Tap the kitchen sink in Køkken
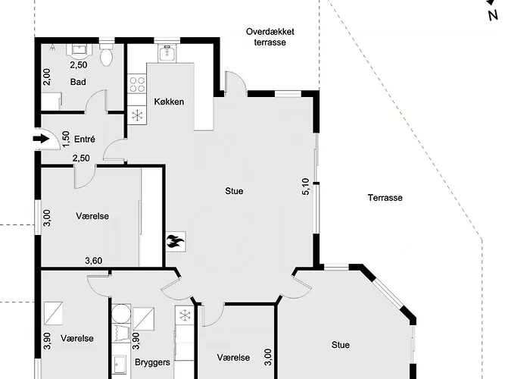(167, 53)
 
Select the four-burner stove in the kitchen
(137, 84)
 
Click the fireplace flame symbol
(176, 242)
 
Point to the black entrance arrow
(41, 139)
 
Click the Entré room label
(85, 139)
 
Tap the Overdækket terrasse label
(270, 37)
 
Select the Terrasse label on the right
(385, 198)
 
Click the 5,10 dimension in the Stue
(306, 186)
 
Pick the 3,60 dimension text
(94, 261)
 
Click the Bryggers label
(152, 362)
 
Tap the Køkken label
(169, 102)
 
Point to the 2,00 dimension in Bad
(47, 77)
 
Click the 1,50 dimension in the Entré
(66, 139)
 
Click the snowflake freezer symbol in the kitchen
(137, 115)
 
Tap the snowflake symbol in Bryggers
(184, 315)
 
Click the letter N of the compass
(493, 15)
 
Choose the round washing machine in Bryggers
(121, 313)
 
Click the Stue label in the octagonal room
(341, 345)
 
